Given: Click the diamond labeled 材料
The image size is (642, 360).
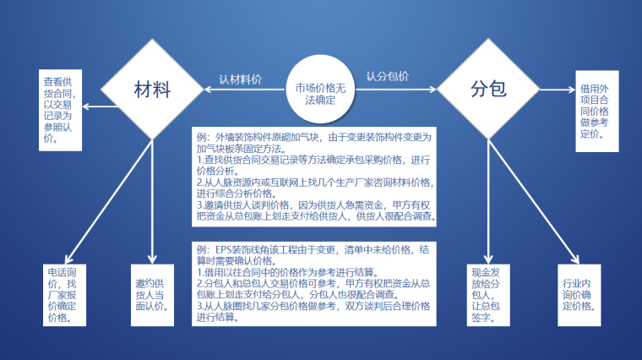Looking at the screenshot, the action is coord(153,89).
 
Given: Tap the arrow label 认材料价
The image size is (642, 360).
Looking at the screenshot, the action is coord(240,79).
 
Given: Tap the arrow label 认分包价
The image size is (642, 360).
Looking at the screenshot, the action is coord(388,76).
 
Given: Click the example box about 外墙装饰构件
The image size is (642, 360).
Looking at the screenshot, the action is coord(314,177).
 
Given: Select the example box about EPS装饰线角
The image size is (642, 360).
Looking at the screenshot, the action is coord(314,284).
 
